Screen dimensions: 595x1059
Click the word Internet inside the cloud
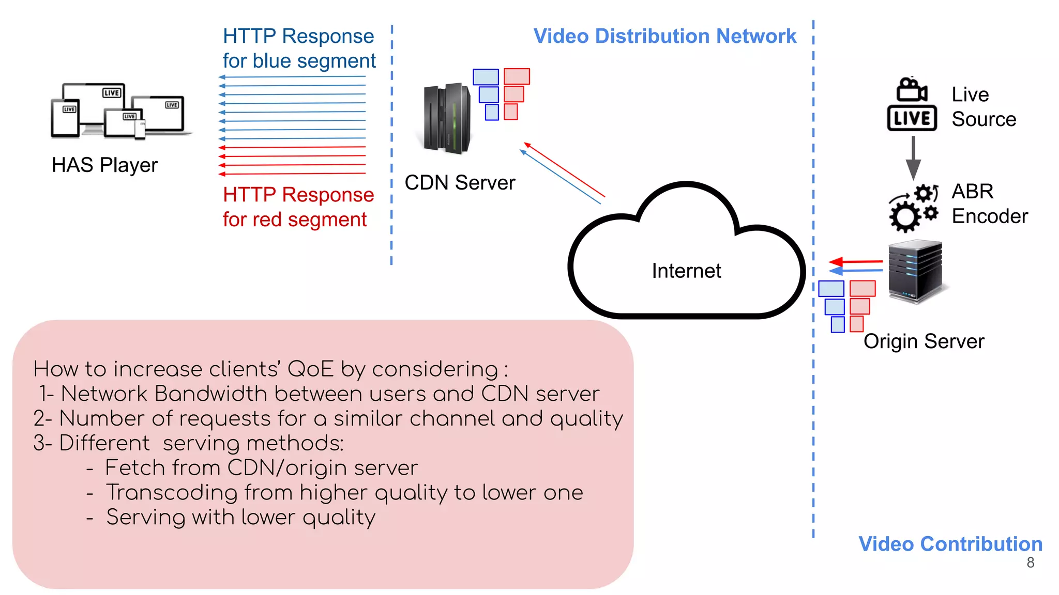pos(686,271)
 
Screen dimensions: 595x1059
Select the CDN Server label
pos(460,182)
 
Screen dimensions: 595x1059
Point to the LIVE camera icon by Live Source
pos(912,105)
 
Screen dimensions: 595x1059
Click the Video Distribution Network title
pos(664,36)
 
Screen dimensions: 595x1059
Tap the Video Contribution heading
pos(950,544)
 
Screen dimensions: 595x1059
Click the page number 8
pos(1031,562)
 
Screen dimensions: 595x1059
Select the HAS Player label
pos(105,165)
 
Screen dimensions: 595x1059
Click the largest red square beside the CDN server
pos(517,76)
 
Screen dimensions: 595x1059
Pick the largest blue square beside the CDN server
pos(486,76)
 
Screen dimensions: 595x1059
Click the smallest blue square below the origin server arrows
pos(838,324)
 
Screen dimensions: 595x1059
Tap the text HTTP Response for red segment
pos(298,207)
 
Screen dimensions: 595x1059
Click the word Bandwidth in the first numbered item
pos(210,394)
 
